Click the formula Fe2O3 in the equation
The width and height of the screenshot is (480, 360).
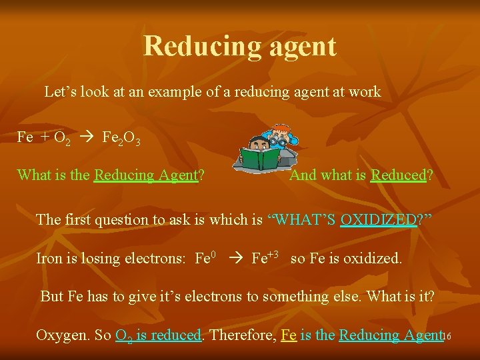[121, 138]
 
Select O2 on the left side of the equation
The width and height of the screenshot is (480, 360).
[63, 138]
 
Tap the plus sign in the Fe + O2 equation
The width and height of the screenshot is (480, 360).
[45, 138]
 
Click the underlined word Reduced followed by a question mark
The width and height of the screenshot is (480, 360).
[398, 175]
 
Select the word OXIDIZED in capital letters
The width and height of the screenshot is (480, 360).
[377, 219]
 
